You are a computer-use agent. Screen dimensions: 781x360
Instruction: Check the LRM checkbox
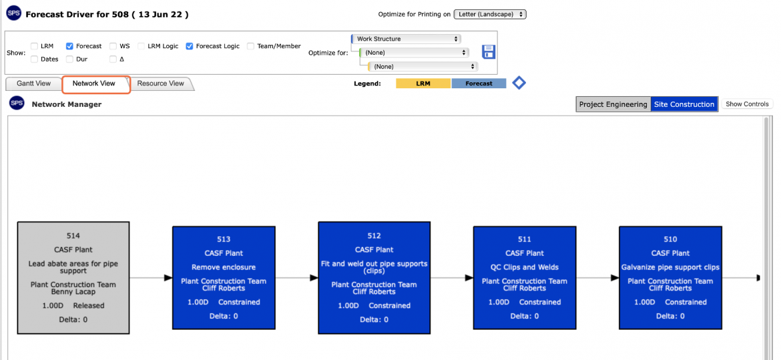[34, 46]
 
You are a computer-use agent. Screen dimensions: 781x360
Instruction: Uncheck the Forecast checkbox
[69, 46]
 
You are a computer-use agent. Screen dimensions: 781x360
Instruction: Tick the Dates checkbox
[34, 59]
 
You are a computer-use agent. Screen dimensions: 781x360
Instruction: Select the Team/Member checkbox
[250, 46]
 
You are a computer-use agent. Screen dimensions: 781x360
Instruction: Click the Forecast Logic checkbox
[190, 46]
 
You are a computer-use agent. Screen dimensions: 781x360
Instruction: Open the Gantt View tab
[33, 83]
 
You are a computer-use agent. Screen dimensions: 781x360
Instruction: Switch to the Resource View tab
[160, 83]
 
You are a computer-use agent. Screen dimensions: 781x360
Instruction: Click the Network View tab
[96, 83]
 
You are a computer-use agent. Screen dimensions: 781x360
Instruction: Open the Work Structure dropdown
[407, 39]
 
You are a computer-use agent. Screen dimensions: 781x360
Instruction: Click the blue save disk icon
[489, 52]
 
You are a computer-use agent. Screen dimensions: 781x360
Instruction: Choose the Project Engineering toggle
[613, 105]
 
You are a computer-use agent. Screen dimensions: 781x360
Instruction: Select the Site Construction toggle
[684, 105]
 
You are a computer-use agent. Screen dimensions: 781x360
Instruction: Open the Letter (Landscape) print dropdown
[490, 15]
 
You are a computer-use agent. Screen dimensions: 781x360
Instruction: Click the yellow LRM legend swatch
[423, 83]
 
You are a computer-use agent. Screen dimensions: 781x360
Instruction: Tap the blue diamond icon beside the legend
[519, 83]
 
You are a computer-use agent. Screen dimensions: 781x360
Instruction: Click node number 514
[73, 236]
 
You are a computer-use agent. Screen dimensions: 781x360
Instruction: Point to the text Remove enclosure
[223, 267]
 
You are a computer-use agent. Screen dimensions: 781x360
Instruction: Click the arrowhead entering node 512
[314, 278]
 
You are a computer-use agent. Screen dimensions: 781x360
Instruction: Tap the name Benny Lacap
[73, 292]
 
